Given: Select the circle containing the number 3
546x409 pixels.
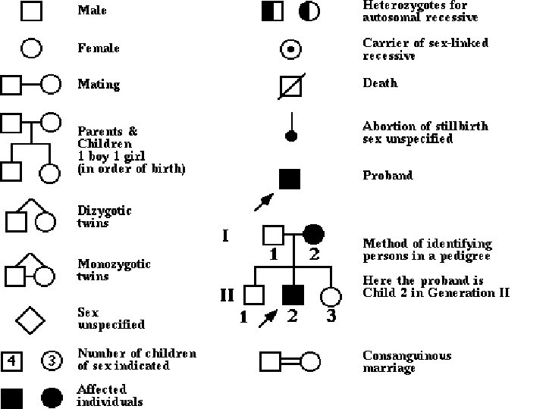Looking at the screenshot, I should coord(50,361).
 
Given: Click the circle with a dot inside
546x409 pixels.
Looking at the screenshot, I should coord(290,49).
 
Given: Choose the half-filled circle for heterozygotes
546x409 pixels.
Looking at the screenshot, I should coord(309,11).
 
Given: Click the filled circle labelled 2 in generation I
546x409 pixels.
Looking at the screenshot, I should coord(314,234).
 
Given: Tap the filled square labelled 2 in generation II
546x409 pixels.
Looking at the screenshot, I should coord(293,294).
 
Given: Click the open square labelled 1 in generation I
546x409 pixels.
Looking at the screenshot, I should coord(272,234).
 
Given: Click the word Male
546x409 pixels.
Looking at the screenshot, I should coord(92,11).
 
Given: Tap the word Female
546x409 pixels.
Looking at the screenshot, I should coord(99,48).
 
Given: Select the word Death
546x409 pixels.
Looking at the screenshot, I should coord(379,83).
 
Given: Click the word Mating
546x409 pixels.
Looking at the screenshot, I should coord(99,84).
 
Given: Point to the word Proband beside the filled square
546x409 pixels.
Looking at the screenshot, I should coord(388,176).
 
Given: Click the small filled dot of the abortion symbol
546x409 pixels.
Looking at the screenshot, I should coord(290,136).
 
